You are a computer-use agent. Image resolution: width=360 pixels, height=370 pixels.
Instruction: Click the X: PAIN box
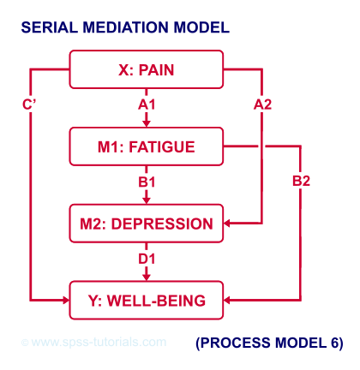(x=147, y=69)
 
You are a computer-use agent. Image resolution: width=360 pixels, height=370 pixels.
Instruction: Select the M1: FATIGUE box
(x=147, y=146)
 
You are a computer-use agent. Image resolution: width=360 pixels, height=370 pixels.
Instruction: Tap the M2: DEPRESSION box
(x=147, y=224)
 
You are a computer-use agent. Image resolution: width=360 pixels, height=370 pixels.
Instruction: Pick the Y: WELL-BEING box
(x=147, y=300)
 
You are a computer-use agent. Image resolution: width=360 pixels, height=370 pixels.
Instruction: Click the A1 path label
(x=147, y=104)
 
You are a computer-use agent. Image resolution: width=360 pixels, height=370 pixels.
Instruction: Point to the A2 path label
(x=262, y=104)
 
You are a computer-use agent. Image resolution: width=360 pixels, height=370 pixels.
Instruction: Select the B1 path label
(x=147, y=182)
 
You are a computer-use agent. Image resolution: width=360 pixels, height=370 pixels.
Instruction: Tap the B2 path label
(x=301, y=181)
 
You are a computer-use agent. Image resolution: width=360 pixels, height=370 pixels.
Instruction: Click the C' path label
(x=29, y=104)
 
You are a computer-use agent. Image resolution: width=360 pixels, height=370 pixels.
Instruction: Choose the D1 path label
(x=147, y=259)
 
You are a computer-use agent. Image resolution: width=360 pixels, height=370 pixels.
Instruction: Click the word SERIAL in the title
(x=49, y=27)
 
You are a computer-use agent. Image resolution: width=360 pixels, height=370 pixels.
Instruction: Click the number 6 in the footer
(x=334, y=343)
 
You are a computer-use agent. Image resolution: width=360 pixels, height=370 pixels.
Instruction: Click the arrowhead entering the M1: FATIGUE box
(x=147, y=123)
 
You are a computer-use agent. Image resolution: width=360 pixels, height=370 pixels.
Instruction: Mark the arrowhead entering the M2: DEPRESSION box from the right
(x=227, y=224)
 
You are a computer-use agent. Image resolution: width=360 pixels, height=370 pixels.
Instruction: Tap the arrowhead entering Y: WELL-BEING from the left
(x=66, y=300)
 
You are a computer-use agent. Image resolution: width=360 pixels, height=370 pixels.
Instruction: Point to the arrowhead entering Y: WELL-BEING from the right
(x=227, y=300)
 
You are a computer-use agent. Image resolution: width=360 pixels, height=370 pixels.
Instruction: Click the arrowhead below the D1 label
(x=147, y=277)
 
